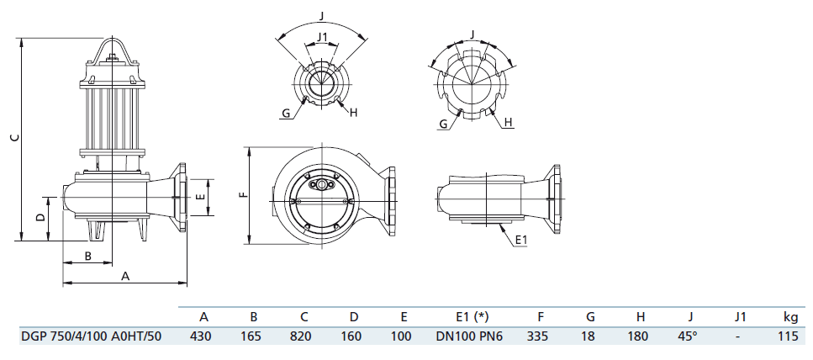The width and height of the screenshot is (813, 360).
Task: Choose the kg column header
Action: coord(790,317)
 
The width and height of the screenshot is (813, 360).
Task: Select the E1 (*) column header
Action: coord(470,317)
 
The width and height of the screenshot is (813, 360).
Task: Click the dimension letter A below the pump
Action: coord(125,276)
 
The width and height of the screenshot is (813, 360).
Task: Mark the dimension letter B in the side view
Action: coord(87,255)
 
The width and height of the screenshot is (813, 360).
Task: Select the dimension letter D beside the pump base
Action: coord(40,217)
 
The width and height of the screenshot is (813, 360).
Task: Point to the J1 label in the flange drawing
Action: coord(320,36)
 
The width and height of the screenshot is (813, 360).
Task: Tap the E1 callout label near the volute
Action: coord(520,241)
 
